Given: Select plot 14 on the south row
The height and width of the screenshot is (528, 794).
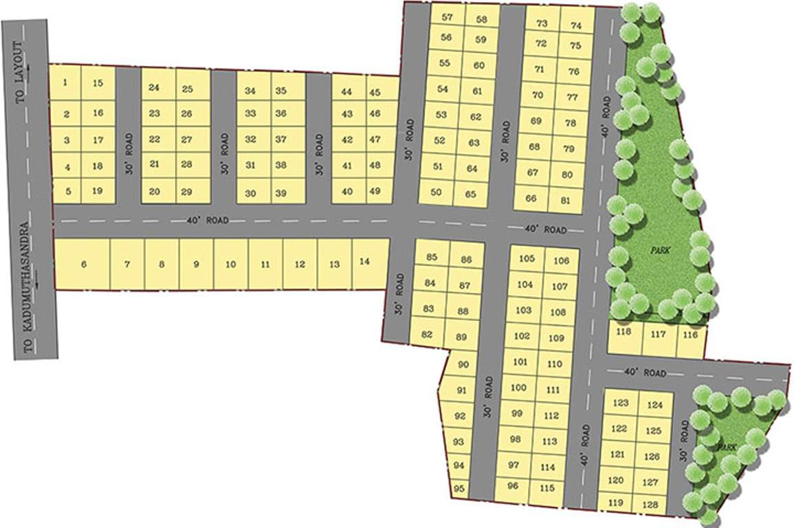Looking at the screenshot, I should [x=365, y=262].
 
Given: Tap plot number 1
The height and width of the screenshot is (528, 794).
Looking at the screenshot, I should [x=65, y=83].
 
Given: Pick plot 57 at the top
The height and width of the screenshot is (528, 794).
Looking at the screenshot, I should [x=448, y=17].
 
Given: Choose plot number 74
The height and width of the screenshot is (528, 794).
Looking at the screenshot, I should [x=576, y=26].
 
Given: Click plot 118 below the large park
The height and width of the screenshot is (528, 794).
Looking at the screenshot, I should [x=624, y=332].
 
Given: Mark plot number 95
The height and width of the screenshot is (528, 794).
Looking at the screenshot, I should [x=460, y=489].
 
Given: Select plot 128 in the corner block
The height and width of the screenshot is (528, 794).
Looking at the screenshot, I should [x=650, y=504].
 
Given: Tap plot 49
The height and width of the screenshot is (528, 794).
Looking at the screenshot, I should [x=375, y=191].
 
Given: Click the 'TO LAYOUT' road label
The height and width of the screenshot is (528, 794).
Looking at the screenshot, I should [x=21, y=71].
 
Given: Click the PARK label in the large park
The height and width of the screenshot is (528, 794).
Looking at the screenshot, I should [x=661, y=251].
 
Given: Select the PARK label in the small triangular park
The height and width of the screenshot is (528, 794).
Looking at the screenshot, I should [x=727, y=448].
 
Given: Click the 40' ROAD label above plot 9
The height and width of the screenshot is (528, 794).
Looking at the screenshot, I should [x=207, y=221].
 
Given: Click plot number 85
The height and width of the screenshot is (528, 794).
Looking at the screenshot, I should [x=432, y=258].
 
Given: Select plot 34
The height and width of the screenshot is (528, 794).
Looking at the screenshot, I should [x=250, y=91].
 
